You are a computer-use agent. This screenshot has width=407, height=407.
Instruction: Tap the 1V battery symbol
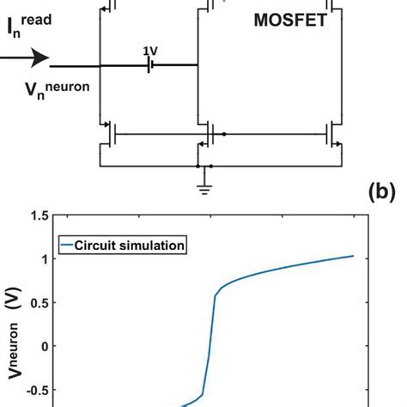coord(150,65)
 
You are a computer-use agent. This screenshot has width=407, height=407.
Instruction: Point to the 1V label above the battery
coord(150,51)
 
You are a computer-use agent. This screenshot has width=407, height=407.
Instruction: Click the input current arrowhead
coord(36,58)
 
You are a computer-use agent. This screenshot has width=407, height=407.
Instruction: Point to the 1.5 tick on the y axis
coord(38,219)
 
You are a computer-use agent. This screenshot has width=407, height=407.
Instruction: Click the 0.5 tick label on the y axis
coord(38,303)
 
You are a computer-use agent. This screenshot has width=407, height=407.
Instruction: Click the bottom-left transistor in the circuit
coord(107,134)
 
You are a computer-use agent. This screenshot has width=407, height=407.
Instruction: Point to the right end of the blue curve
coord(352,256)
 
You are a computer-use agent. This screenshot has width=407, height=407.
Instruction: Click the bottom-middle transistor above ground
coord(206,135)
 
